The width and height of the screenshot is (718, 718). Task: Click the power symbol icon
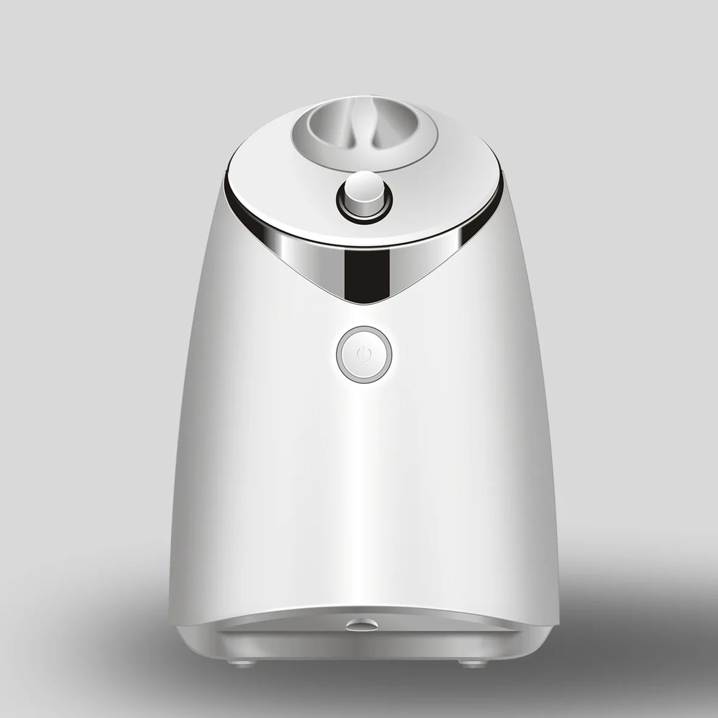(363, 354)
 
